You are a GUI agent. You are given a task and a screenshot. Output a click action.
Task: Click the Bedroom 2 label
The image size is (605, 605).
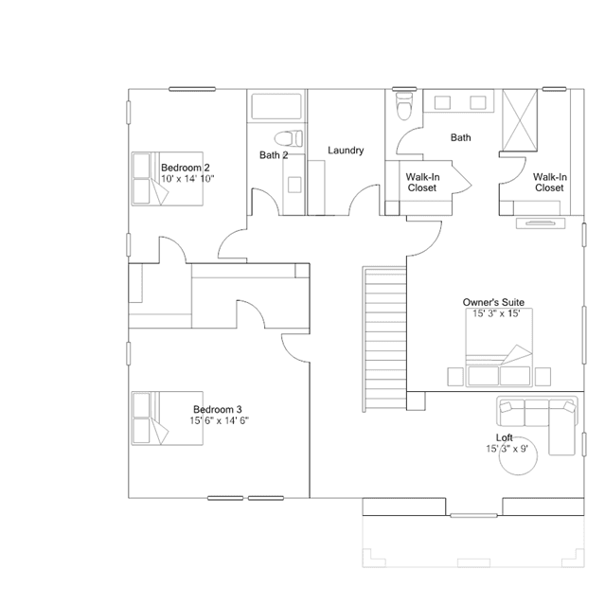(x=186, y=168)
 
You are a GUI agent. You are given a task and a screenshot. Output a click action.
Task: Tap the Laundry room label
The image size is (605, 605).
(x=346, y=151)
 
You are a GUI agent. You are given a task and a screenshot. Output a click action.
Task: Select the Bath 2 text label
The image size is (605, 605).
(x=274, y=155)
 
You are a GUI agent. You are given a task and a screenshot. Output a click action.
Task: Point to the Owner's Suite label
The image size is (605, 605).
(x=493, y=302)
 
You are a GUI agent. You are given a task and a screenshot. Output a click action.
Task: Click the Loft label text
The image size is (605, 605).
(x=504, y=437)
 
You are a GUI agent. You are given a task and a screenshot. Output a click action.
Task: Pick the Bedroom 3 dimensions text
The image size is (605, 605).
(x=219, y=420)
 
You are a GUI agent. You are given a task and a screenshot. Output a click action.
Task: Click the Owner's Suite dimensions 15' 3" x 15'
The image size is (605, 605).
(x=496, y=313)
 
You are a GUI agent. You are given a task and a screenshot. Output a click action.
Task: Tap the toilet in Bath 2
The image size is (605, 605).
(x=288, y=138)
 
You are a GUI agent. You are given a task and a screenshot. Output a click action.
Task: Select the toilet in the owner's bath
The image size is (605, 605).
(x=404, y=106)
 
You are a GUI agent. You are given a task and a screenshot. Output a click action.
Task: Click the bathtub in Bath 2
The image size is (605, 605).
(x=276, y=106)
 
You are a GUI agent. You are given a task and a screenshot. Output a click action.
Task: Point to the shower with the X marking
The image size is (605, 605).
(x=520, y=119)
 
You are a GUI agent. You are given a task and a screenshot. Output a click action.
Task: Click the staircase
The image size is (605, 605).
(x=384, y=339)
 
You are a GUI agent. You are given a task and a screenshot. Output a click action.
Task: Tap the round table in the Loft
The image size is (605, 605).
(x=518, y=455)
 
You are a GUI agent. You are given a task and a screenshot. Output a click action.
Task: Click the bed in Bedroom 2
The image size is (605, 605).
(x=167, y=179)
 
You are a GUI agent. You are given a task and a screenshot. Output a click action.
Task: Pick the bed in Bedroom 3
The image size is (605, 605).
(x=167, y=418)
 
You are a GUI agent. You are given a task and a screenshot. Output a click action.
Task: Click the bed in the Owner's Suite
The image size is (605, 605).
(x=499, y=347)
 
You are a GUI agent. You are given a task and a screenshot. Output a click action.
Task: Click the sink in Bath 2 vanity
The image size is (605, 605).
(x=294, y=185)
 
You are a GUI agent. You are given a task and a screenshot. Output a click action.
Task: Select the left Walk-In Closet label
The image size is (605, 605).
(x=422, y=183)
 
